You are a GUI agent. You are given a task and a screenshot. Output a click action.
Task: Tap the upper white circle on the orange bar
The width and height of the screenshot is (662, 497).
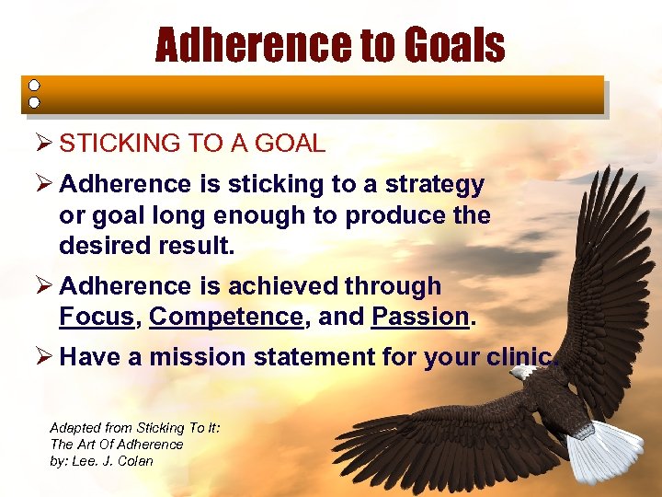pyautogui.click(x=34, y=86)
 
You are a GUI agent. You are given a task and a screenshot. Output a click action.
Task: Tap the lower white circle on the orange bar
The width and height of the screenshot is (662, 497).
pyautogui.click(x=34, y=102)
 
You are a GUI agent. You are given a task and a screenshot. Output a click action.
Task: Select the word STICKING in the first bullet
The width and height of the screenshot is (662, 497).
pyautogui.click(x=118, y=144)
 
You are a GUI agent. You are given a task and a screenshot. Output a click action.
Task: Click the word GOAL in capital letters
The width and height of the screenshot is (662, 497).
pyautogui.click(x=292, y=144)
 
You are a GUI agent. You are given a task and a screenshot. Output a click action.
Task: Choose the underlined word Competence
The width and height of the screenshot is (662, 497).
pyautogui.click(x=225, y=318)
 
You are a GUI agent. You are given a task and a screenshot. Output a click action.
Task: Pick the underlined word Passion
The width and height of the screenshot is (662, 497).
pyautogui.click(x=420, y=318)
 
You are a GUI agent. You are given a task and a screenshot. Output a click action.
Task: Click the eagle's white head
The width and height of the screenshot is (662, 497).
pyautogui.click(x=523, y=373)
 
